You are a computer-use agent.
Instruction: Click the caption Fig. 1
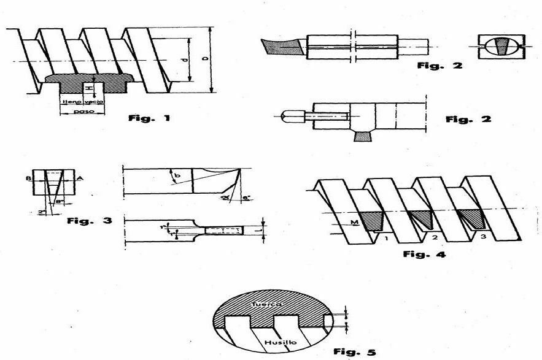[149, 118]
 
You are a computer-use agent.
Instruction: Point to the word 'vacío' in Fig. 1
[93, 102]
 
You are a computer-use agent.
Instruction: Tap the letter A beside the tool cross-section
[80, 179]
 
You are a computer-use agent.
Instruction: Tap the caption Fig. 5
[354, 352]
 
